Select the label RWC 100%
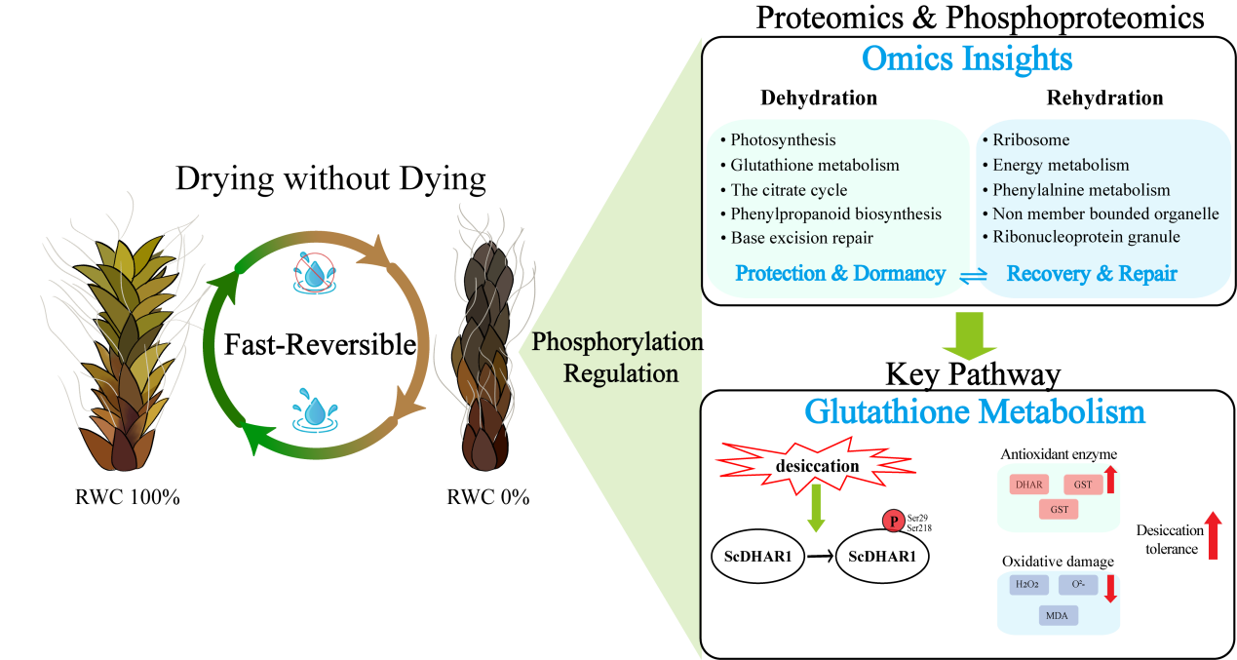click(128, 496)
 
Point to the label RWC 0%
click(487, 496)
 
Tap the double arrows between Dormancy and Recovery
click(961, 277)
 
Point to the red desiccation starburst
click(817, 466)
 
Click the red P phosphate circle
click(891, 521)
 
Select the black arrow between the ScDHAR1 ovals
click(818, 559)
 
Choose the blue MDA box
click(1057, 615)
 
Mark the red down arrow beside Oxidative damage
click(1108, 588)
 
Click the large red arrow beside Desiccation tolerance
click(1214, 536)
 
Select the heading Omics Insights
click(967, 59)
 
